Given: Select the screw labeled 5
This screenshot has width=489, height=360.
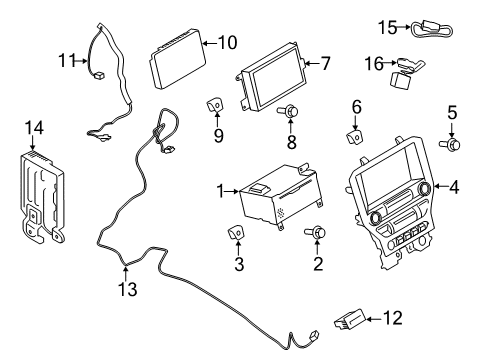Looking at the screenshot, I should click(453, 145).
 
